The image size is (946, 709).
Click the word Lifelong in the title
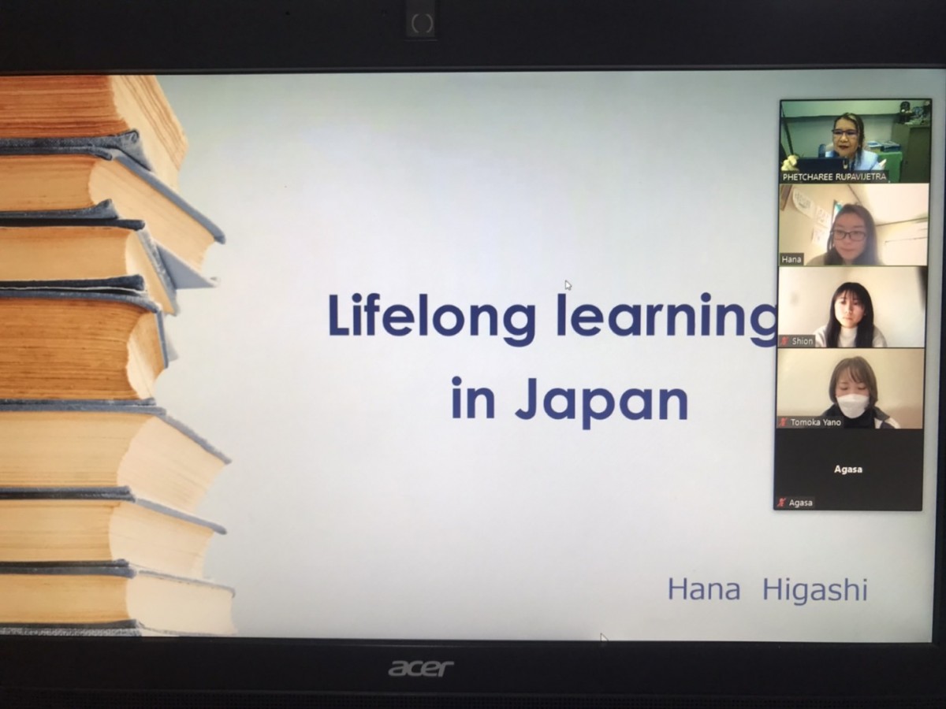click(432, 316)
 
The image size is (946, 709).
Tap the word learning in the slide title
click(667, 316)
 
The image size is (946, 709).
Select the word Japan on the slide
click(601, 399)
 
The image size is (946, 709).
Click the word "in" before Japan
click(473, 397)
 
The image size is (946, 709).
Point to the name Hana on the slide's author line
click(704, 589)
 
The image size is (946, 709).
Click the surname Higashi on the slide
click(815, 591)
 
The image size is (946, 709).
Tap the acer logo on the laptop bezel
click(421, 669)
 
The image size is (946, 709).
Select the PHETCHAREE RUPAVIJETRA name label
click(834, 176)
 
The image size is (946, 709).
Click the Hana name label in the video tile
click(791, 259)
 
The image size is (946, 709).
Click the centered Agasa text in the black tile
click(847, 470)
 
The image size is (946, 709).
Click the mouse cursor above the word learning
click(568, 285)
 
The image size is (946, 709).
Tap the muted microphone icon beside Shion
click(785, 341)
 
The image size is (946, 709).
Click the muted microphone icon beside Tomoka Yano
click(783, 422)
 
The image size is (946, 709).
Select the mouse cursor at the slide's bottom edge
click(603, 639)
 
